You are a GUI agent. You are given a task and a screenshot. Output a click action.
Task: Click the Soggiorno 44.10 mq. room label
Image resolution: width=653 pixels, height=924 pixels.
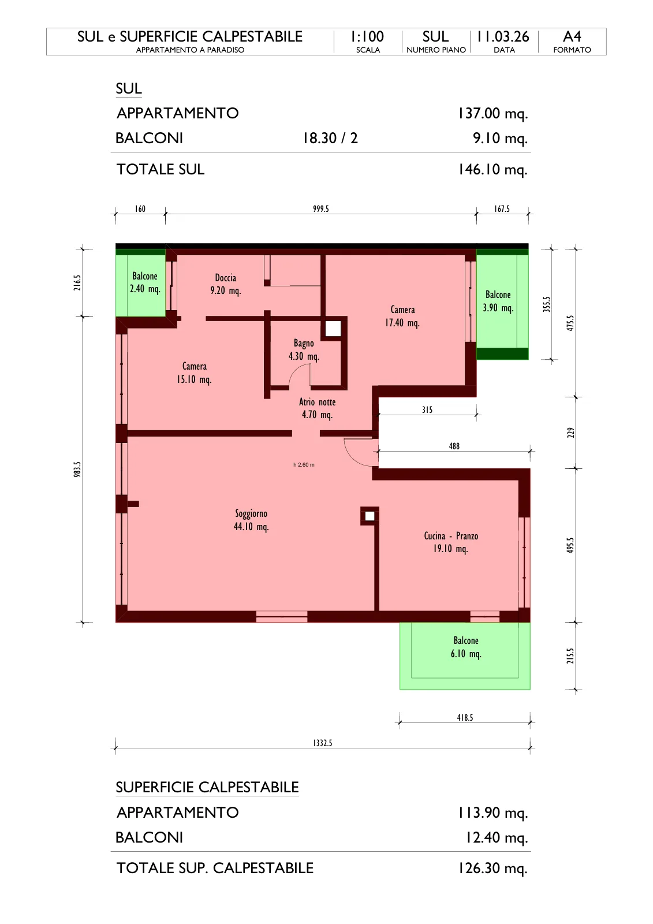pyautogui.click(x=251, y=520)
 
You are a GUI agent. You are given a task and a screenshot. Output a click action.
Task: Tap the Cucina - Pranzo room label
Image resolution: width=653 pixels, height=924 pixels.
pyautogui.click(x=451, y=542)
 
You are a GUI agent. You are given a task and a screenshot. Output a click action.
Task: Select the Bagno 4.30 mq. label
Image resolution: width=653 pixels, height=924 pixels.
pyautogui.click(x=304, y=350)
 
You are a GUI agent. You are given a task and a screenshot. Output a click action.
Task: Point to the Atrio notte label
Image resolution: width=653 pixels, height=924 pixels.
pyautogui.click(x=317, y=408)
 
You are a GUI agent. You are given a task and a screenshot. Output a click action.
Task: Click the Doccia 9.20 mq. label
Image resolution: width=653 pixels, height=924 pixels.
pyautogui.click(x=226, y=284)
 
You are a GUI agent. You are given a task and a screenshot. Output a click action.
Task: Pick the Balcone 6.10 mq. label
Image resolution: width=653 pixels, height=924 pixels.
pyautogui.click(x=466, y=647)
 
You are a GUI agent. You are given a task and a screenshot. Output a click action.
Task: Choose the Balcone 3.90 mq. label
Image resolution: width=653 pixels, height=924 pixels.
pyautogui.click(x=498, y=301)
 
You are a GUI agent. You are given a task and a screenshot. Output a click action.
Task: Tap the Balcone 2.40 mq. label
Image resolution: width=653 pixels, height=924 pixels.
pyautogui.click(x=145, y=282)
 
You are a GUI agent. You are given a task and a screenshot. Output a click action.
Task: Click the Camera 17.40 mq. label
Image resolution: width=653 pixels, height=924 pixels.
pyautogui.click(x=402, y=316)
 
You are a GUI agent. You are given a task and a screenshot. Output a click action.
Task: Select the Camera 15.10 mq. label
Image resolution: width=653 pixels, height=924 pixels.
pyautogui.click(x=195, y=373)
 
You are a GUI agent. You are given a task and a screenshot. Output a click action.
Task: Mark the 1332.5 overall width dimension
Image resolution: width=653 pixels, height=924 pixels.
pyautogui.click(x=323, y=743)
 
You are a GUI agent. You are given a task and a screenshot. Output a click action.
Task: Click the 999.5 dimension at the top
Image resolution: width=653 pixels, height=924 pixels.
pyautogui.click(x=321, y=208)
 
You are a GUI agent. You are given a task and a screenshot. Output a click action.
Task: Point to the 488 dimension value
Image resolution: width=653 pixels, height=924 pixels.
pyautogui.click(x=454, y=446)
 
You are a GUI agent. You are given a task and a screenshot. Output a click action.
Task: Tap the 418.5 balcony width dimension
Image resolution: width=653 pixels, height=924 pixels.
pyautogui.click(x=465, y=717)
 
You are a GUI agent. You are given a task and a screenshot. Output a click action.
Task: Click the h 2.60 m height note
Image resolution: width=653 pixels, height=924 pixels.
pyautogui.click(x=304, y=464)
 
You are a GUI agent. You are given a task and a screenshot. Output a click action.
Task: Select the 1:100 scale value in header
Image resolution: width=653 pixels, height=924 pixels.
pyautogui.click(x=367, y=37)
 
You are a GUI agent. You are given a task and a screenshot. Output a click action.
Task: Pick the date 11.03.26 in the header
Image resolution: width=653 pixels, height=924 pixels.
pyautogui.click(x=503, y=37)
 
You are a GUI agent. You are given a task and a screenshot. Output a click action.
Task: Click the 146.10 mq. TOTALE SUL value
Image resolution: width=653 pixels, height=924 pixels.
pyautogui.click(x=493, y=170)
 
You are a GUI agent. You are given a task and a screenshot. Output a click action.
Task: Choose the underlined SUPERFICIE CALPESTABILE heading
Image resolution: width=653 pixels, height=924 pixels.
pyautogui.click(x=207, y=788)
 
